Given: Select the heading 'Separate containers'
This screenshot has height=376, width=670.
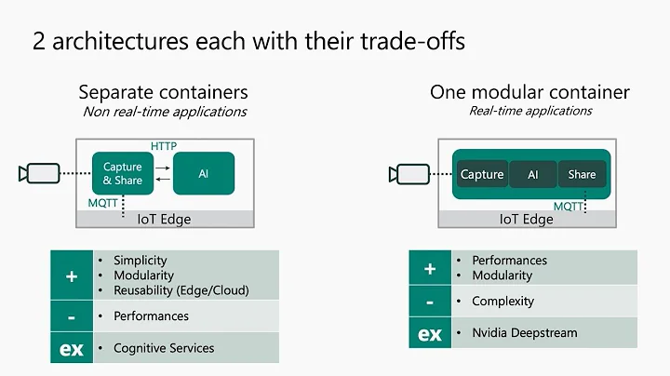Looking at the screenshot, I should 163,92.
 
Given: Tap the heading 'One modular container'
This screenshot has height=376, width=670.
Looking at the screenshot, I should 529,92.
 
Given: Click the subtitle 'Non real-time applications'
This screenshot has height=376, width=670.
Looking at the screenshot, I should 164,112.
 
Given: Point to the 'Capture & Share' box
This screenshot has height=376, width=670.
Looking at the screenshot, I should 122,174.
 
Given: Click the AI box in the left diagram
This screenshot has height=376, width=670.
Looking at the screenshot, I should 203,174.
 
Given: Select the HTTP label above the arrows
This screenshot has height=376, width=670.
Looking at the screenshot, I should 164,146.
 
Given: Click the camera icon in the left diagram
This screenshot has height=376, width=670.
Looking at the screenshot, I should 38,173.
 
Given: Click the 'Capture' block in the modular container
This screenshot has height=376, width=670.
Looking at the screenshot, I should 482,174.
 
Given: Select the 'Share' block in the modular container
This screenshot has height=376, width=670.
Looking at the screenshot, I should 582,174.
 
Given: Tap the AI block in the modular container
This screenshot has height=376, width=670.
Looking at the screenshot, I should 533,174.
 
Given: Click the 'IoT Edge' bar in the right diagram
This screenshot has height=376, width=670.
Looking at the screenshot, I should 527,220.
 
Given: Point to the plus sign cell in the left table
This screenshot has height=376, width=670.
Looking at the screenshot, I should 71,275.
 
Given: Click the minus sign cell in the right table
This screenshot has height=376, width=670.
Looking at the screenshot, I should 430,302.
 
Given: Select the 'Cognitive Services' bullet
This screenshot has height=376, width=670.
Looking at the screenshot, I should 164,348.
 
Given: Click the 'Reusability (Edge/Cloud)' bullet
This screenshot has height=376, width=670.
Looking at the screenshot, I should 181,290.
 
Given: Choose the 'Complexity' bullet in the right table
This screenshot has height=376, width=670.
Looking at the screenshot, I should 503,302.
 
